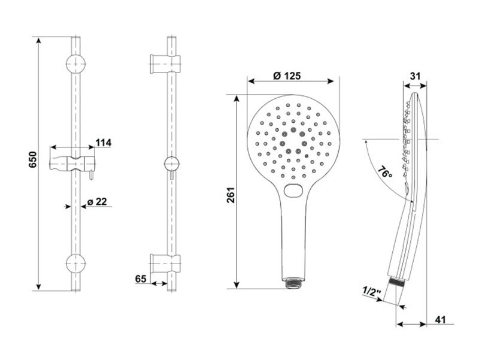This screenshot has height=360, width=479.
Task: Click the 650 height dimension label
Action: click(33, 159)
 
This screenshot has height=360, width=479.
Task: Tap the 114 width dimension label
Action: click(104, 143)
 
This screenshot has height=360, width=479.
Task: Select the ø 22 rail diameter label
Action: click(97, 202)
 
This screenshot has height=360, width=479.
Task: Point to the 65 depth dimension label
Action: click(141, 279)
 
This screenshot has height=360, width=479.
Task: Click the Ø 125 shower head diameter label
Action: click(287, 75)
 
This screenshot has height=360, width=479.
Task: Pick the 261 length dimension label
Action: click(231, 195)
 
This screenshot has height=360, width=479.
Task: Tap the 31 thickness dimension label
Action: click(415, 76)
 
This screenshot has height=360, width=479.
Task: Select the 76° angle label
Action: click(384, 173)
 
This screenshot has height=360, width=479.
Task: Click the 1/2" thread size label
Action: click(372, 291)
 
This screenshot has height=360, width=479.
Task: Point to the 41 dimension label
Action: click(440, 320)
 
